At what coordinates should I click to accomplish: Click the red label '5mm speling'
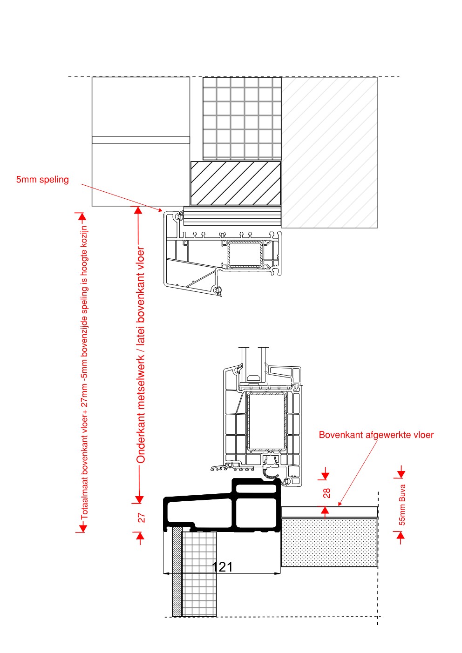coord(42,180)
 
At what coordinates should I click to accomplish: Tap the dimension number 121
coord(222,567)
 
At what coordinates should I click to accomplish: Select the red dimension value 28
coord(326,493)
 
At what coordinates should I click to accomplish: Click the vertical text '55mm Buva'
coord(402,505)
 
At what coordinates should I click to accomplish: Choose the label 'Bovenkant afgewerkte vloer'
coord(376,435)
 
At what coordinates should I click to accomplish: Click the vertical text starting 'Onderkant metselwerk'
coord(141,356)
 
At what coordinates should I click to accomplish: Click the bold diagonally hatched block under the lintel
coord(236,183)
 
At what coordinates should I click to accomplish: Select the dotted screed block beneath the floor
coord(329,542)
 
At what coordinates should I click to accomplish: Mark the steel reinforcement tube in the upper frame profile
coord(245,254)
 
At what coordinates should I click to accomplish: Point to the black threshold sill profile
coord(222,505)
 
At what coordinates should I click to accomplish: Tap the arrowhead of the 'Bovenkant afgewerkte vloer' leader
coord(340,504)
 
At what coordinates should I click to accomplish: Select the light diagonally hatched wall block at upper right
coord(329,153)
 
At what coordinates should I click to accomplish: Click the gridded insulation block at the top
coord(242,118)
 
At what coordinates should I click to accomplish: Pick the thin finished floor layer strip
coord(329,512)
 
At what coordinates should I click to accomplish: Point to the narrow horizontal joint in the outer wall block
coord(141,140)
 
